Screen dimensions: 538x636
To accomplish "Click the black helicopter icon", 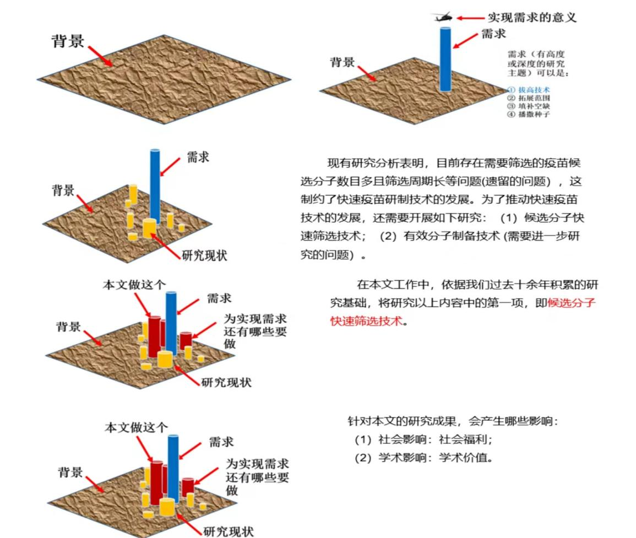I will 443,17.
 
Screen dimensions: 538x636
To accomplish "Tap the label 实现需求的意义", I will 532,17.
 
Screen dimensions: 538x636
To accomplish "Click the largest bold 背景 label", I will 68,41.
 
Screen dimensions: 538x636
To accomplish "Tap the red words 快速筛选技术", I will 367,321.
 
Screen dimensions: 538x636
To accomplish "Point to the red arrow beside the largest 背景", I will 100,56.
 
